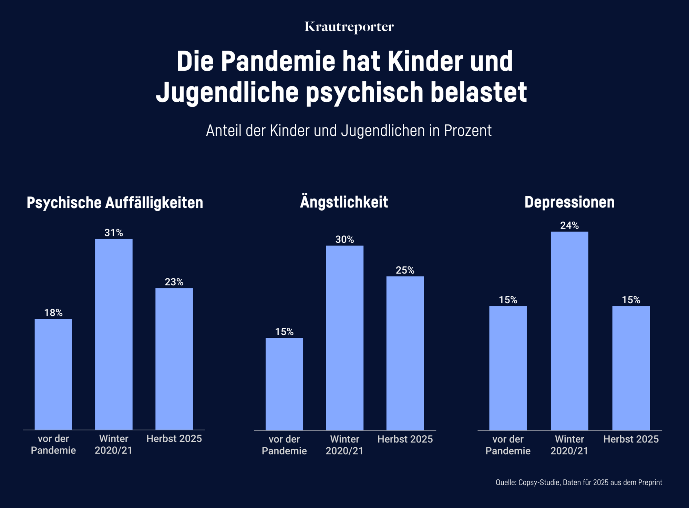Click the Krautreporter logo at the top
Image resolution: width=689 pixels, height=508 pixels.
pos(349,27)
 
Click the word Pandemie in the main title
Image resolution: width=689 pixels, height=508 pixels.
pos(278,61)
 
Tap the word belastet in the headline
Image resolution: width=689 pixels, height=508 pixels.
pos(479,92)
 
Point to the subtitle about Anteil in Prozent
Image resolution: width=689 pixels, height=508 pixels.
pos(349,131)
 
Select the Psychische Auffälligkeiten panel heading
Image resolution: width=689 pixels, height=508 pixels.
pos(115,202)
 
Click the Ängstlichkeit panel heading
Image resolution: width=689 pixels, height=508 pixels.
pos(344,202)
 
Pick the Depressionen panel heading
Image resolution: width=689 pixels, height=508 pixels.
pos(569,202)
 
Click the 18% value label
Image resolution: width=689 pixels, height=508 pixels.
pos(53,313)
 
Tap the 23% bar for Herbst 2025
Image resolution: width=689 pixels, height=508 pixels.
pos(174,358)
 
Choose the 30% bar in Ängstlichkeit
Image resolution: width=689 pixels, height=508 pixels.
pos(344,337)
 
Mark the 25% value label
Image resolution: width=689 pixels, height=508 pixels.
pos(405,270)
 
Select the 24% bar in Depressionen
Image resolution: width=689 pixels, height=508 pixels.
pos(569,331)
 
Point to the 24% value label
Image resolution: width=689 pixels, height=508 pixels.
pos(569,225)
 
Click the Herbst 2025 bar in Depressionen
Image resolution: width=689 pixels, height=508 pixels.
pos(631,368)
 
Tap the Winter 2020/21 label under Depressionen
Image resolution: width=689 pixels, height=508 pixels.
pos(569,445)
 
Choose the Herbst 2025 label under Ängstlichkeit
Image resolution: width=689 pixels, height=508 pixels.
pos(405,439)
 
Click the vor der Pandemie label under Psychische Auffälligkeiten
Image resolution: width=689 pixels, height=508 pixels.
pos(53,444)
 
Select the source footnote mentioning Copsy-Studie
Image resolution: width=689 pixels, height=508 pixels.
pos(578,482)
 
